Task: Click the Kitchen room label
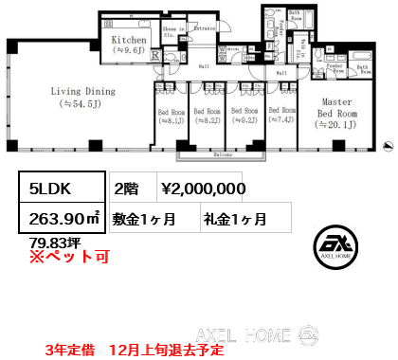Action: coord(129,41)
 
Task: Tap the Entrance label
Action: coord(203,29)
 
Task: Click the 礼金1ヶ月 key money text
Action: coord(234,220)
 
